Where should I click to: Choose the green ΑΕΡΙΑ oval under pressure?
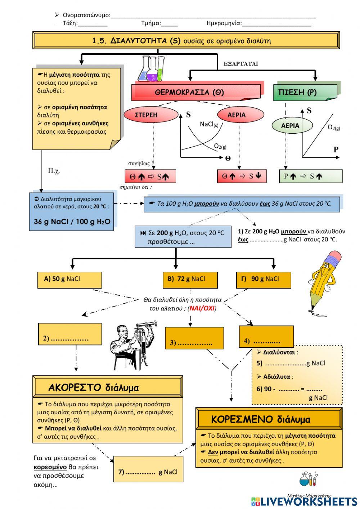click(290, 126)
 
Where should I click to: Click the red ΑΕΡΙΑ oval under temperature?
click(237, 115)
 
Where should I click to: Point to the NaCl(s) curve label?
click(209, 124)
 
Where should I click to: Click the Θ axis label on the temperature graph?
click(228, 158)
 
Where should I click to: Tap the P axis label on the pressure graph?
click(336, 149)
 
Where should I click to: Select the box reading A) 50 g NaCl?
click(69, 280)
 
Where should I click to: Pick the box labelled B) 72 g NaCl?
click(190, 280)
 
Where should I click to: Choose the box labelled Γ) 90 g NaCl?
click(263, 280)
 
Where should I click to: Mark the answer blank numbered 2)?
click(69, 334)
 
